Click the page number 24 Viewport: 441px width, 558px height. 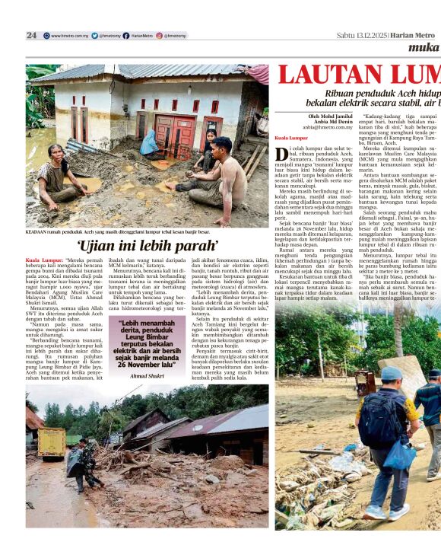(x=31, y=35)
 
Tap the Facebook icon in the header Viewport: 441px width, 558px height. (x=125, y=35)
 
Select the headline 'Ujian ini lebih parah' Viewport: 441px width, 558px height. (x=148, y=245)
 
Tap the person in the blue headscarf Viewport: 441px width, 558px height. (x=150, y=142)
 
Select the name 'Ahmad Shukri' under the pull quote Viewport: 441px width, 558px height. (x=147, y=375)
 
